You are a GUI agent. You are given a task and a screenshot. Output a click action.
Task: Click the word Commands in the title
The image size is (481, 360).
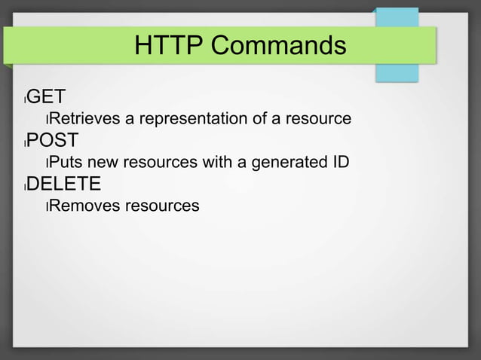[x=278, y=46]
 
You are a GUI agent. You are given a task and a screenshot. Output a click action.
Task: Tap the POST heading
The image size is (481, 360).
[x=53, y=141]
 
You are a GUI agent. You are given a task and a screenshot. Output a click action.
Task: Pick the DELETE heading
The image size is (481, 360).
[x=64, y=185]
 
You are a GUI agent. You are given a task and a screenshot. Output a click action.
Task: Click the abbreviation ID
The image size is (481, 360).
[x=339, y=162]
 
